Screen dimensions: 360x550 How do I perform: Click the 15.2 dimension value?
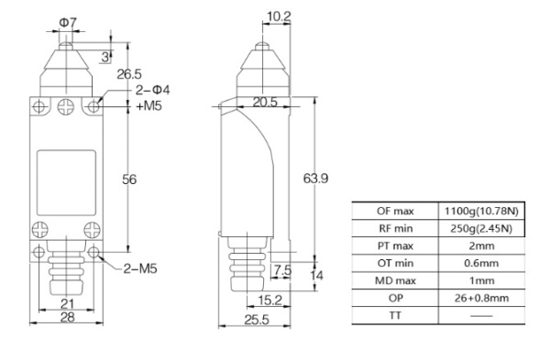tap(269, 300)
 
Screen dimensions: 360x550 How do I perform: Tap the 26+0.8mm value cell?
tap(482, 298)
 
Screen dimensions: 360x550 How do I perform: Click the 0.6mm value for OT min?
tap(482, 264)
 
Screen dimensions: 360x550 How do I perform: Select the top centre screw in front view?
tap(65, 107)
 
